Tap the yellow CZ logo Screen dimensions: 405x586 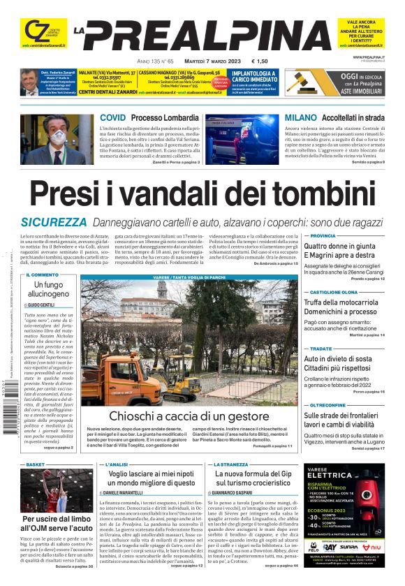point(33,31)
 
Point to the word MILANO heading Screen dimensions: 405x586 point(301,117)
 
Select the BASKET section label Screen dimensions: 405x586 point(36,464)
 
